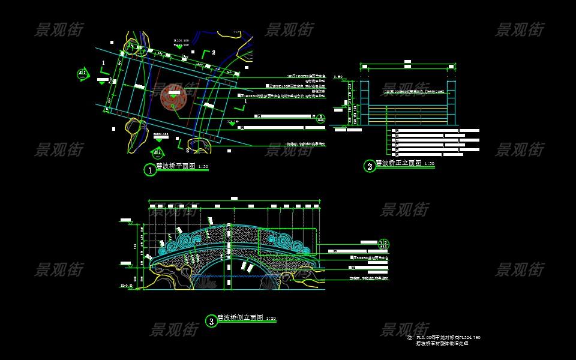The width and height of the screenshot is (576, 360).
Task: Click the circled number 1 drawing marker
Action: point(149,170)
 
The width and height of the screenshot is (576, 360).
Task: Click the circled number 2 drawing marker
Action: point(370,166)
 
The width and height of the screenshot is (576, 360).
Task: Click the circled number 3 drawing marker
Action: point(211,321)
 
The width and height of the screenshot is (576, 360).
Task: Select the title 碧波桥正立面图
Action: point(399,163)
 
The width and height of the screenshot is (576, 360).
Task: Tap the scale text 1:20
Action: point(271,319)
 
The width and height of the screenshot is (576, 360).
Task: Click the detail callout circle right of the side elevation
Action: point(384,244)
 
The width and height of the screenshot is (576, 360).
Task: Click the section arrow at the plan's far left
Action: point(83,74)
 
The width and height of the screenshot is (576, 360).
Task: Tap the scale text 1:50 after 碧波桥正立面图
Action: point(430,163)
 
